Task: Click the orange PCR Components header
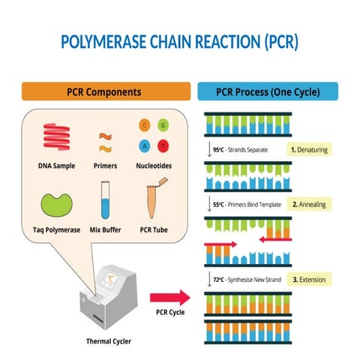tap(104, 91)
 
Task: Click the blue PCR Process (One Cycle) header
tap(268, 91)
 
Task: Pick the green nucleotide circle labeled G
tap(163, 124)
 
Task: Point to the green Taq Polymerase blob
tap(57, 202)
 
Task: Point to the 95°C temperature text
tap(219, 150)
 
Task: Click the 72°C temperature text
tap(219, 279)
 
